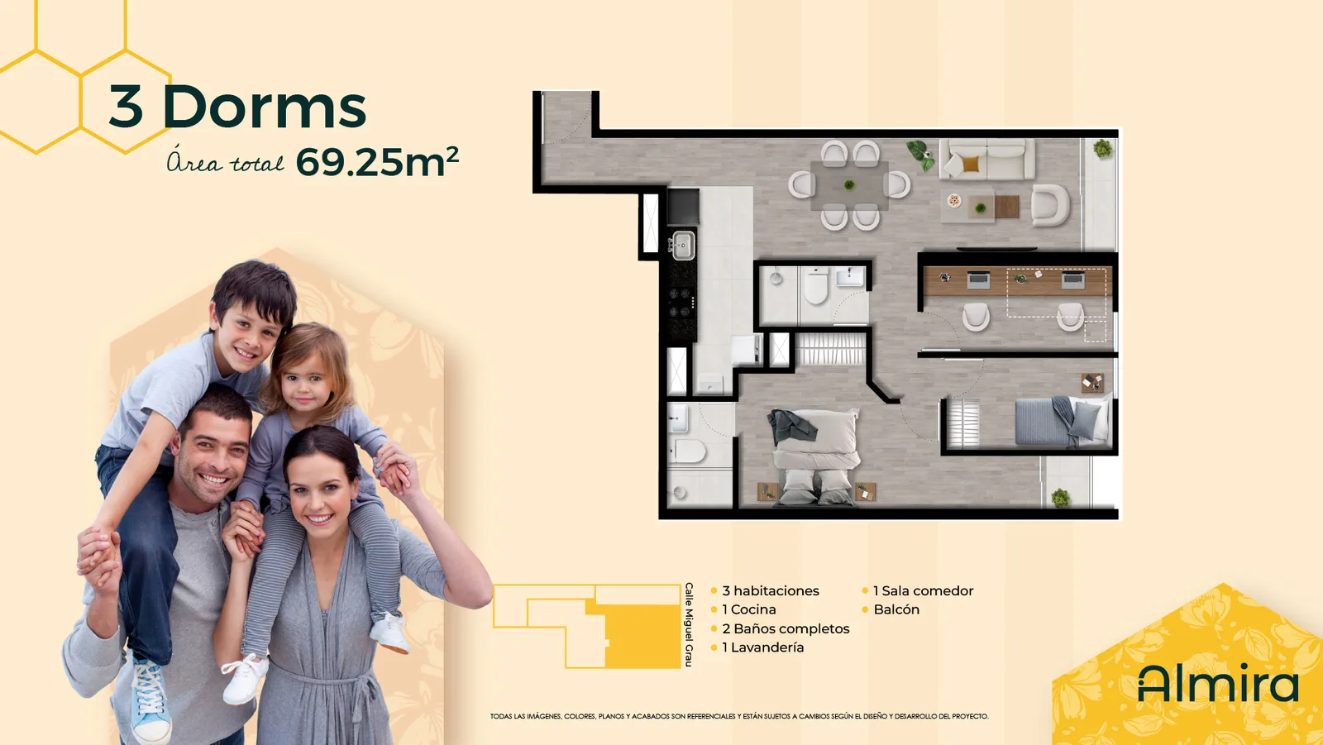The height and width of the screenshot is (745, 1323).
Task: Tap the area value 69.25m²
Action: [377, 161]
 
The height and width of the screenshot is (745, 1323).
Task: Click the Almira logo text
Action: [1218, 683]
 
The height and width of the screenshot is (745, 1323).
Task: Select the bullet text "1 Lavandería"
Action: [762, 647]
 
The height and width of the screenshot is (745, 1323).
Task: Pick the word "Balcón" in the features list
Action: [896, 609]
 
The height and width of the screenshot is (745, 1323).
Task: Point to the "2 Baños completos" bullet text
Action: [786, 628]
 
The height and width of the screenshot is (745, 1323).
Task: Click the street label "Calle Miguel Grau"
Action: [689, 625]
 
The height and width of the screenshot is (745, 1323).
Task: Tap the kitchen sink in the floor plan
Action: [682, 244]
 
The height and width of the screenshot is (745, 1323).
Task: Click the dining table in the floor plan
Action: [849, 185]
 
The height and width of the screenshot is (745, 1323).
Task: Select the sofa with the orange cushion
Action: [987, 159]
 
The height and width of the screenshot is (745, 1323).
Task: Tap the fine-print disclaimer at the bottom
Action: [739, 717]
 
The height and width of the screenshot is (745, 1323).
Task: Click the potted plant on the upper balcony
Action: [1102, 148]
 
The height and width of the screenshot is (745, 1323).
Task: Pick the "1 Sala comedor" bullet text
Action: [923, 591]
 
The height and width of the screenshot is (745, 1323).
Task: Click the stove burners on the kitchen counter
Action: [681, 303]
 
